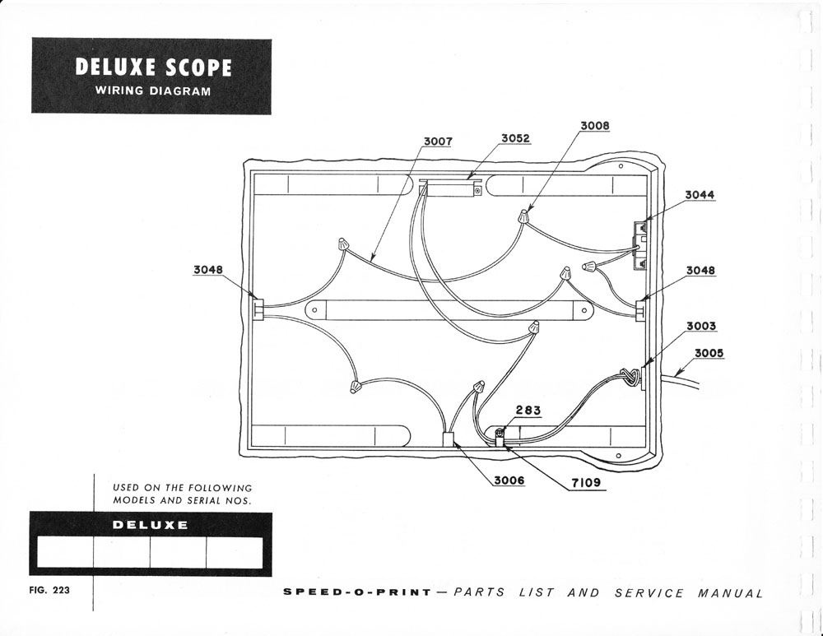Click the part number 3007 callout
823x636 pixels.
(x=438, y=142)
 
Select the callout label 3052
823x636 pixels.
(x=515, y=138)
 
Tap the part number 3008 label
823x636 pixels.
(x=595, y=126)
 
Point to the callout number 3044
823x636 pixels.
(x=700, y=195)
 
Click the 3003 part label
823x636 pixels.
(x=701, y=326)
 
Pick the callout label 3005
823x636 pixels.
(x=709, y=353)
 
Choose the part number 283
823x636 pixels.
(x=528, y=410)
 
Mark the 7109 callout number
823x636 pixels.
(x=586, y=482)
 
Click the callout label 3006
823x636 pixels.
(x=509, y=480)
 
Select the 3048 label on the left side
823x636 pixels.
(x=208, y=270)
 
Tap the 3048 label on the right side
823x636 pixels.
(x=700, y=270)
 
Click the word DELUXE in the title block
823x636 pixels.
(x=115, y=67)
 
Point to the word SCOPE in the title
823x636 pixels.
(x=198, y=67)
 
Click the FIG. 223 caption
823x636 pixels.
(x=49, y=589)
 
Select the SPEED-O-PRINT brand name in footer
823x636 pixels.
(x=357, y=592)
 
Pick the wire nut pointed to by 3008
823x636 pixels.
(x=523, y=216)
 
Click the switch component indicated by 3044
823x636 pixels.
(x=639, y=244)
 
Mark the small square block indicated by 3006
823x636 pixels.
(x=449, y=439)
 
